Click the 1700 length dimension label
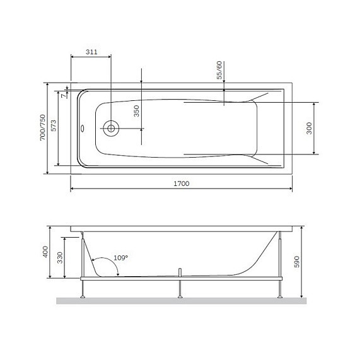(181, 183)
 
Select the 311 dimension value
(91, 52)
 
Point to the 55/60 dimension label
(219, 70)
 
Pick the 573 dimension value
(55, 128)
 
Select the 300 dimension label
(309, 128)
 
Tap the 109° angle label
(120, 258)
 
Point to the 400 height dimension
(45, 253)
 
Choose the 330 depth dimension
(60, 258)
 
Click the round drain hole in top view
(111, 128)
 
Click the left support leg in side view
(83, 287)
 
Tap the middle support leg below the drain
(180, 287)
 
